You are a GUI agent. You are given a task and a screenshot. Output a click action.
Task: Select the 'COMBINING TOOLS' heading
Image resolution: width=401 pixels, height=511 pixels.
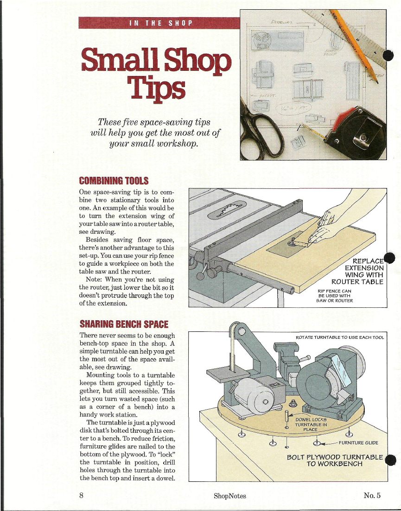(114, 180)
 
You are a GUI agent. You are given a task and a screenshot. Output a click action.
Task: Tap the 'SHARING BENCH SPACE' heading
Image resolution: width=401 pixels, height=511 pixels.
(124, 324)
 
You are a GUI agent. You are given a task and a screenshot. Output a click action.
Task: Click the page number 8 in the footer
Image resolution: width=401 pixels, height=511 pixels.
(82, 495)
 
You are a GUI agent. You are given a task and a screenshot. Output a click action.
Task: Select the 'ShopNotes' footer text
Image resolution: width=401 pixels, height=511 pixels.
(230, 496)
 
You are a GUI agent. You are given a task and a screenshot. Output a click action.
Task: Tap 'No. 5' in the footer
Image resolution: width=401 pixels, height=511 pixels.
(372, 495)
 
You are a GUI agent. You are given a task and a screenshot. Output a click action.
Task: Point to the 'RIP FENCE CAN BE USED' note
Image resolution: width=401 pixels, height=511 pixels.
(335, 296)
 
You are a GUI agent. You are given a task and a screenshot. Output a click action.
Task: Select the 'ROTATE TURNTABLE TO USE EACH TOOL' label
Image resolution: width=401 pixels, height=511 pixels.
(339, 337)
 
